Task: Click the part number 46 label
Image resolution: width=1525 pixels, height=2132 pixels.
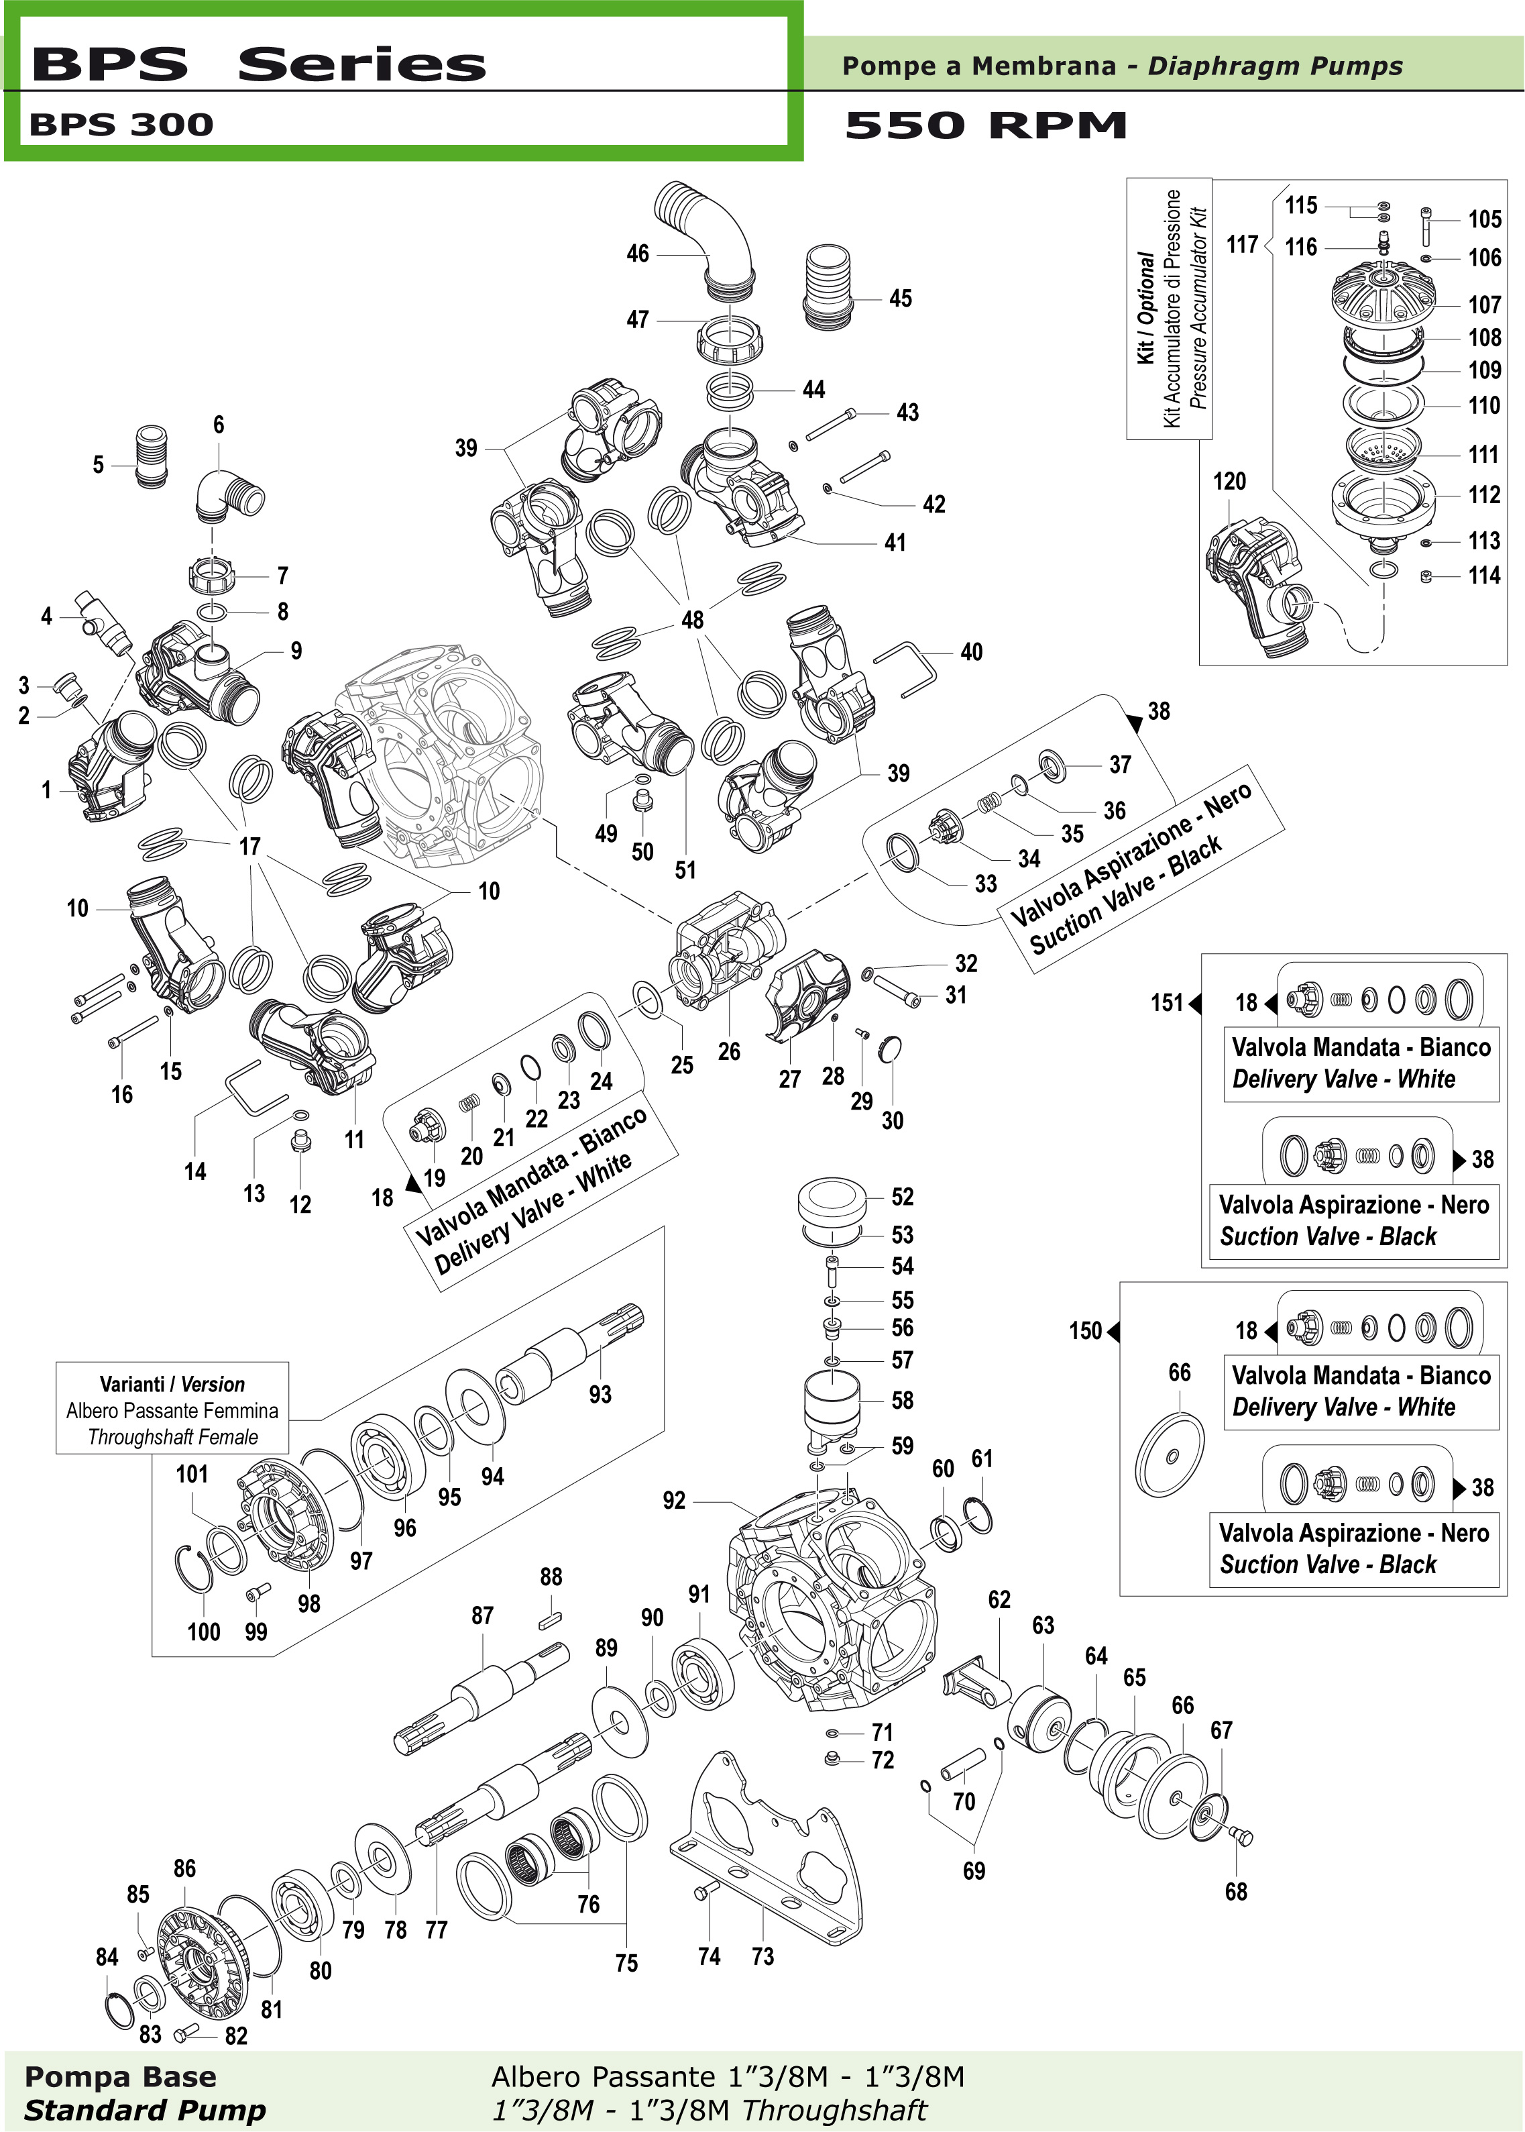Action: point(638,254)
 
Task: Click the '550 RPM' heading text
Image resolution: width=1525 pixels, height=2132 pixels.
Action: point(985,125)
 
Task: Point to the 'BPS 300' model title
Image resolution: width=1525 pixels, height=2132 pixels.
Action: point(121,125)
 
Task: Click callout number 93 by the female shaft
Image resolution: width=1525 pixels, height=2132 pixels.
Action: point(600,1395)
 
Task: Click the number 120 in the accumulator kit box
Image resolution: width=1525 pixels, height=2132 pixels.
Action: point(1229,482)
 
